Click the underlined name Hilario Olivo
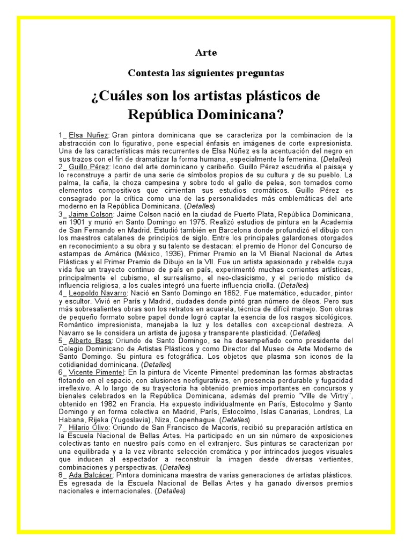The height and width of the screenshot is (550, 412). coord(90,428)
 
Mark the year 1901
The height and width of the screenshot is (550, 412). coord(79,222)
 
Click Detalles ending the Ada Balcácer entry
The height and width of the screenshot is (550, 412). coord(169,491)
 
